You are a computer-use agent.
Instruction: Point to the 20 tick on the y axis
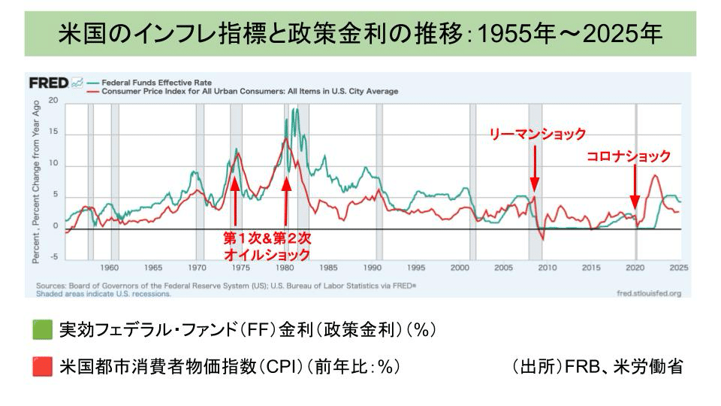(53, 101)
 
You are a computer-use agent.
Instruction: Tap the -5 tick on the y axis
(53, 257)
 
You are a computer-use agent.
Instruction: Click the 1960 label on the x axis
(110, 268)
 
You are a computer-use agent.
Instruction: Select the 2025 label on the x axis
(680, 268)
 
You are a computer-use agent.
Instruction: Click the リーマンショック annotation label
(537, 134)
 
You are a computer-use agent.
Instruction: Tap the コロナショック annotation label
(628, 156)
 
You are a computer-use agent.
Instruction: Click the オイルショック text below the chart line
(259, 256)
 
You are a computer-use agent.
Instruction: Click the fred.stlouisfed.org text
(647, 294)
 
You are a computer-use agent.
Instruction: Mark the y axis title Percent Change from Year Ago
(37, 180)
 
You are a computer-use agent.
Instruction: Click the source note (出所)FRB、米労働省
(598, 367)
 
